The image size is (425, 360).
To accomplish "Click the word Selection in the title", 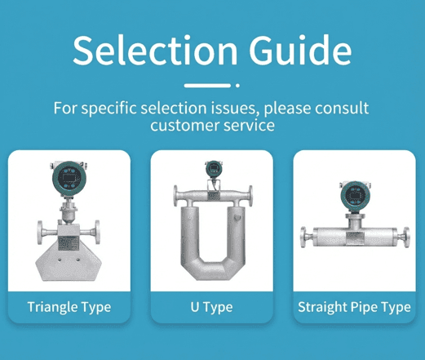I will [x=144, y=51].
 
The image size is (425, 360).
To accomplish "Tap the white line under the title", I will [x=206, y=85].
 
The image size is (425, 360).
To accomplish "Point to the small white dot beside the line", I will [x=237, y=85].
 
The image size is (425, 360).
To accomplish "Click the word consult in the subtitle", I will [x=337, y=108].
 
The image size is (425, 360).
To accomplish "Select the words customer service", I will [x=212, y=127].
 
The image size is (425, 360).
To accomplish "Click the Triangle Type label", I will [x=69, y=308].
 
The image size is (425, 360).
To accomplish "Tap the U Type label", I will [x=211, y=308].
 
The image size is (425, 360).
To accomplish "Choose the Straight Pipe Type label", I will [x=354, y=308].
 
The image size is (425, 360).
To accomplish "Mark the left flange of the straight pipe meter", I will [x=305, y=236].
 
